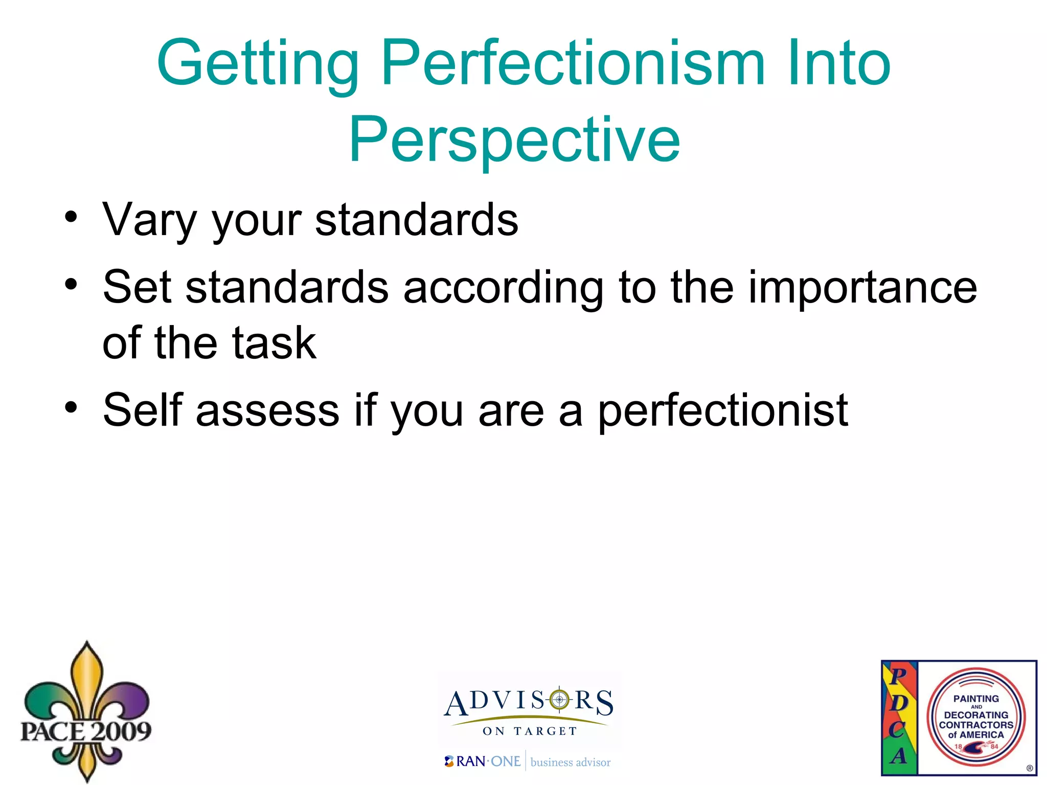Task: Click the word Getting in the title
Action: (258, 64)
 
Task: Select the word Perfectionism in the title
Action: (573, 64)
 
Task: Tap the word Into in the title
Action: (839, 64)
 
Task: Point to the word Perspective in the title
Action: (514, 141)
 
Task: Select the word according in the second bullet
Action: (503, 288)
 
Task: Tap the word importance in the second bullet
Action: (862, 288)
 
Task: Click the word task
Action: (274, 343)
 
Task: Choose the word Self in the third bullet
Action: (143, 410)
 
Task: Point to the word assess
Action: (267, 411)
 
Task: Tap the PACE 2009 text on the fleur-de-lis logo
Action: (86, 731)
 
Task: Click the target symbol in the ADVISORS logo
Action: (559, 699)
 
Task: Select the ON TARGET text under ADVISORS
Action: (530, 731)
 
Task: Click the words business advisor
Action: (571, 762)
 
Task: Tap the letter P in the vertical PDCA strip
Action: (898, 676)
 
